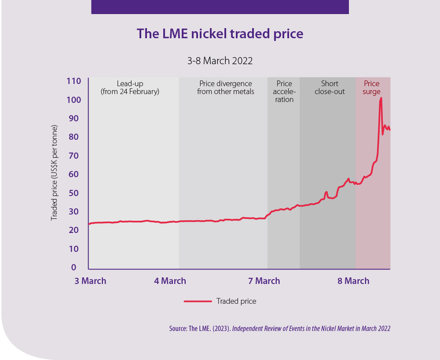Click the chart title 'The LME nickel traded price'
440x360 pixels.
pos(220,34)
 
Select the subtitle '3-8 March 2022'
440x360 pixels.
pos(220,61)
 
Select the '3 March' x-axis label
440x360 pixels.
pos(90,281)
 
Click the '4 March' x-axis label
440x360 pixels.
pos(170,281)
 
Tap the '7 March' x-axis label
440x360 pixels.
pos(264,281)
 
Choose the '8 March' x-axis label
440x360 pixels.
pos(353,281)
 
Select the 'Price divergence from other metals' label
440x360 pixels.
pos(226,87)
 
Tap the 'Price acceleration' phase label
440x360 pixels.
pos(284,91)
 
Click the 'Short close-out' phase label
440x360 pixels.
pos(330,87)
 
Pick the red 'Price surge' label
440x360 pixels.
pos(372,87)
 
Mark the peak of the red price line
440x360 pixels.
pos(381,98)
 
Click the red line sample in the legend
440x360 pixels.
pos(198,301)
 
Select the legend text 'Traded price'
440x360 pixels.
pos(236,301)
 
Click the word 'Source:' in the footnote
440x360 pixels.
pos(178,328)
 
